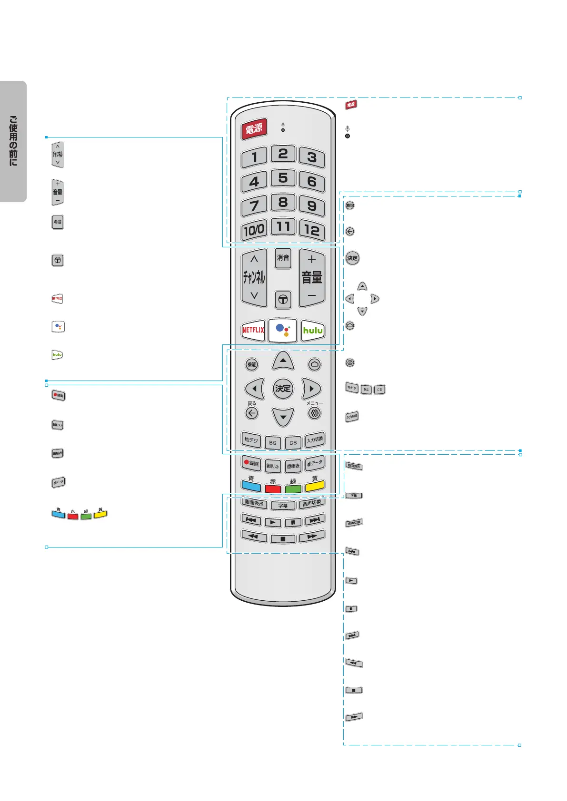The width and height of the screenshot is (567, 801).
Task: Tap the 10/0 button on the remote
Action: pyautogui.click(x=254, y=230)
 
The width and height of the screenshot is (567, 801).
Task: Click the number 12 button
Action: pyautogui.click(x=312, y=230)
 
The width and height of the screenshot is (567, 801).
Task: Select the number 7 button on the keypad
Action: pyautogui.click(x=254, y=205)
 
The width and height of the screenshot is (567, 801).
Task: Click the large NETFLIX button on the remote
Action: pyautogui.click(x=253, y=330)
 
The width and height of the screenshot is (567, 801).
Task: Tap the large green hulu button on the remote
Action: pyautogui.click(x=313, y=330)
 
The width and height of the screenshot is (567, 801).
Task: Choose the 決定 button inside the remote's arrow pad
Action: pyautogui.click(x=283, y=388)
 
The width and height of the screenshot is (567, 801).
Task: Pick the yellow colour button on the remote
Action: pyautogui.click(x=315, y=486)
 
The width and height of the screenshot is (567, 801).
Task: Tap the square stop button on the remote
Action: pyautogui.click(x=283, y=539)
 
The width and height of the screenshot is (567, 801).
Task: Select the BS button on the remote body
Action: pyautogui.click(x=273, y=442)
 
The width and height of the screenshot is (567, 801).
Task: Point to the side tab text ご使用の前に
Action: pyautogui.click(x=13, y=141)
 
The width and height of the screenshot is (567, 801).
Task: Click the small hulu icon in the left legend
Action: pyautogui.click(x=57, y=355)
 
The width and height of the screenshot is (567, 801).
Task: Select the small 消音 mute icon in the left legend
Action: pyautogui.click(x=58, y=222)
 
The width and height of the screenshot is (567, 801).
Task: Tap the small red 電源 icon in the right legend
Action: pyautogui.click(x=351, y=105)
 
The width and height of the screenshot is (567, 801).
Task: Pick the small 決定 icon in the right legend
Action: pyautogui.click(x=352, y=258)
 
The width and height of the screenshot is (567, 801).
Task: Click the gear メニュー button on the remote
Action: pyautogui.click(x=314, y=413)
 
